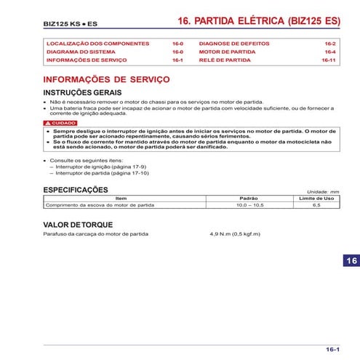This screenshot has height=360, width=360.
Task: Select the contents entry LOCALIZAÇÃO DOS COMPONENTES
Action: (x=97, y=44)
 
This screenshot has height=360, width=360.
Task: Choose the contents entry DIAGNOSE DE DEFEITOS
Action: (x=231, y=44)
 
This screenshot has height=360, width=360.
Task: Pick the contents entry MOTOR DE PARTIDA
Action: (x=225, y=52)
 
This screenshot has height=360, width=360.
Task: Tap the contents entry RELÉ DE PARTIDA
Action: (x=224, y=60)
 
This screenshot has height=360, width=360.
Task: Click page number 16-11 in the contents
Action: (x=328, y=60)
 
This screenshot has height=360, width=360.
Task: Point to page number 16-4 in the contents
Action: (x=329, y=52)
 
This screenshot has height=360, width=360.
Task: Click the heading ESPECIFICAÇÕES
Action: (x=76, y=190)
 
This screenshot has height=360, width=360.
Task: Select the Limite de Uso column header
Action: (x=316, y=199)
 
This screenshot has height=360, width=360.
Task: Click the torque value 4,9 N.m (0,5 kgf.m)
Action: (x=234, y=235)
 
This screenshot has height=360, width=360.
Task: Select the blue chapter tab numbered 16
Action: (x=351, y=261)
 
